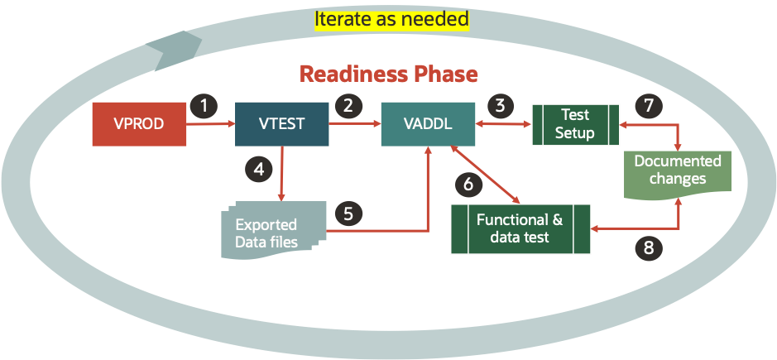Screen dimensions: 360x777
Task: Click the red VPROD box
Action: pyautogui.click(x=138, y=124)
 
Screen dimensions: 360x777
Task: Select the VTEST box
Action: pyautogui.click(x=282, y=124)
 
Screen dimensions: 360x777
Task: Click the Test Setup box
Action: pyautogui.click(x=575, y=125)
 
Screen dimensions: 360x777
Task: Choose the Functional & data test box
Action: pyautogui.click(x=519, y=229)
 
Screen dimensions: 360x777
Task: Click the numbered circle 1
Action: pyautogui.click(x=204, y=105)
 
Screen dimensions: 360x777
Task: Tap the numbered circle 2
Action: pyautogui.click(x=348, y=105)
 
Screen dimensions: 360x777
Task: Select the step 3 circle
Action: pyautogui.click(x=499, y=105)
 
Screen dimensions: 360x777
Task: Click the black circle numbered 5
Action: pyautogui.click(x=348, y=213)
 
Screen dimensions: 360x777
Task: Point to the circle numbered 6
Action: pyautogui.click(x=468, y=184)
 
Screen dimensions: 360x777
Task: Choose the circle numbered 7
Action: pyautogui.click(x=649, y=105)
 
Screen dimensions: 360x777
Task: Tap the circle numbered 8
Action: pyautogui.click(x=649, y=246)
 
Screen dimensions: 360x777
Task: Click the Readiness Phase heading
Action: pyautogui.click(x=388, y=74)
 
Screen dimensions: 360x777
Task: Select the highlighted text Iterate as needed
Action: pyautogui.click(x=391, y=18)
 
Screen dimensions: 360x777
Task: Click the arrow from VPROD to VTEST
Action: pyautogui.click(x=210, y=125)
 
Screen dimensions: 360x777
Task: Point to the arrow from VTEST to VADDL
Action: pyautogui.click(x=354, y=125)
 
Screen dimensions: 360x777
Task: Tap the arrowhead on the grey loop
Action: pyautogui.click(x=170, y=53)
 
